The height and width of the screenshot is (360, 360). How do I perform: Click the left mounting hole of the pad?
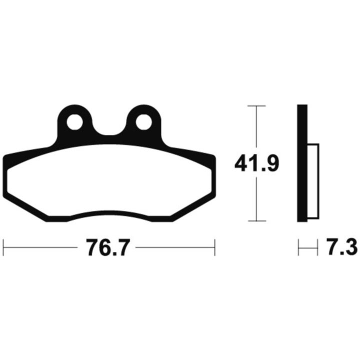click(x=74, y=122)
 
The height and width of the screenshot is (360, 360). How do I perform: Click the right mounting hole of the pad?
click(x=143, y=122)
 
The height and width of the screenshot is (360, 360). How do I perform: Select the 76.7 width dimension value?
click(x=106, y=247)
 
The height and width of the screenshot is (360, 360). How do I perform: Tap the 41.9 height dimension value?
click(x=256, y=163)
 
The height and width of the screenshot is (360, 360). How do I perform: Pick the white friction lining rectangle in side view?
click(x=313, y=181)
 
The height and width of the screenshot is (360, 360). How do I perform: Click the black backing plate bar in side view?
click(x=302, y=163)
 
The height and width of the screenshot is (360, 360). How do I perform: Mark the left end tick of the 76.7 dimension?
click(x=3, y=247)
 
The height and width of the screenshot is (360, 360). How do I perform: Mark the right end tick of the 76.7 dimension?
click(x=214, y=247)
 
